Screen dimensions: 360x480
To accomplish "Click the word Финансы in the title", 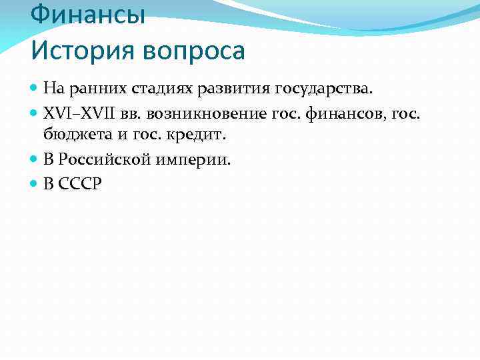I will tap(88, 14).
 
